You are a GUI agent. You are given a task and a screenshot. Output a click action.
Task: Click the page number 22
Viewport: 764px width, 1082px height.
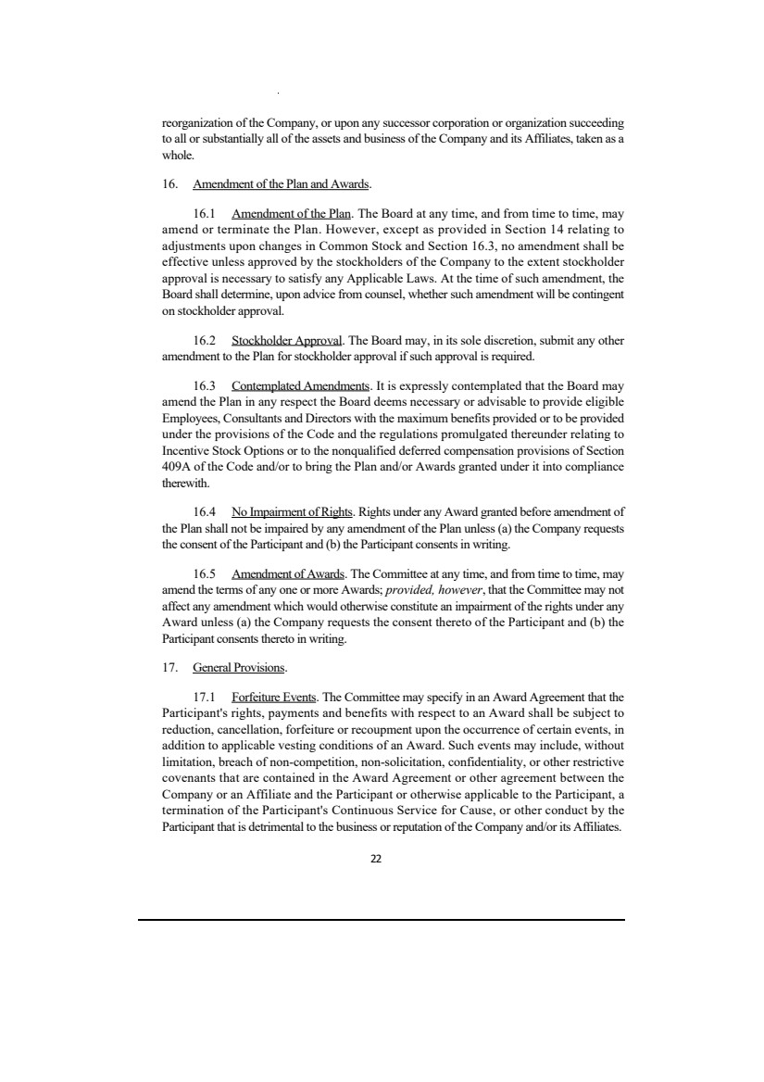pyautogui.click(x=376, y=859)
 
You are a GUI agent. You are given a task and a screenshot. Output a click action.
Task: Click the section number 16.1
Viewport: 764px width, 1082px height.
pyautogui.click(x=206, y=212)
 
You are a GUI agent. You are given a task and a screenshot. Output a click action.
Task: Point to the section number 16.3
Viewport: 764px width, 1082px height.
pyautogui.click(x=206, y=384)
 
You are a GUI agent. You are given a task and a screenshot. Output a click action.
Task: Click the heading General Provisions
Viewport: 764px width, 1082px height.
pyautogui.click(x=239, y=666)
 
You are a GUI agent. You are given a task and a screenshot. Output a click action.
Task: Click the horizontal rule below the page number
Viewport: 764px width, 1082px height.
pyautogui.click(x=382, y=919)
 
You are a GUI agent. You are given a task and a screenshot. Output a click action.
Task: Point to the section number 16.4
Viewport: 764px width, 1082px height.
pyautogui.click(x=206, y=510)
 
